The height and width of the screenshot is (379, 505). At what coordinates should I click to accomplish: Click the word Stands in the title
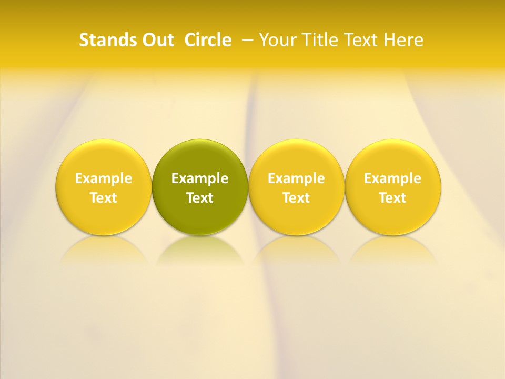[108, 40]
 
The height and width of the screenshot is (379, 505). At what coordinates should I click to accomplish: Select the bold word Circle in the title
[208, 40]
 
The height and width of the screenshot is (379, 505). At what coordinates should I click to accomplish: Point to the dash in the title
[248, 40]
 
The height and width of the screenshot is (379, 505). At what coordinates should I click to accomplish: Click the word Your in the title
[277, 40]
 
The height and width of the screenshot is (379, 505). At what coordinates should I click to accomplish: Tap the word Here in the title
[403, 40]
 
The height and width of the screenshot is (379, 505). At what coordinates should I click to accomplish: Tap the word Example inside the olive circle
[200, 178]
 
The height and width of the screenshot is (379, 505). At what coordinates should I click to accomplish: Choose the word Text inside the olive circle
[200, 198]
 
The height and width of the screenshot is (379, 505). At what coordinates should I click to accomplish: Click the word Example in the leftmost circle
[104, 178]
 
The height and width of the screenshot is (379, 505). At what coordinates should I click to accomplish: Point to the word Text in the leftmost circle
[104, 198]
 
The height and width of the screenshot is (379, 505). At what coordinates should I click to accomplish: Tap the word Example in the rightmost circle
[393, 178]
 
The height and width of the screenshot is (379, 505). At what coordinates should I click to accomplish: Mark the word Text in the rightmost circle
[393, 198]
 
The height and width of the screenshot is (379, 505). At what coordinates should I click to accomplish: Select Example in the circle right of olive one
[296, 178]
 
